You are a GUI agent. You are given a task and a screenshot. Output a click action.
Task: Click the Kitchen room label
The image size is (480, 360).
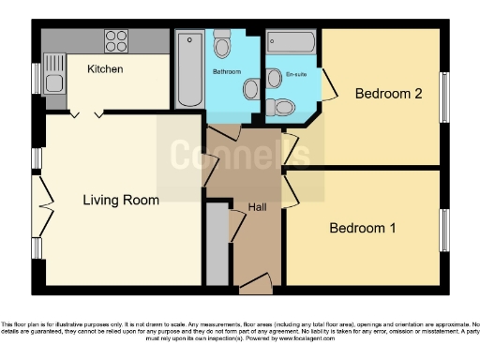(106, 69)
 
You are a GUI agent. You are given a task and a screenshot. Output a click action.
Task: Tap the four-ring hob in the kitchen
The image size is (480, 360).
(115, 41)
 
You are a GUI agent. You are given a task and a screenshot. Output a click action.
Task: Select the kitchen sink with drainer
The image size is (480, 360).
(53, 74)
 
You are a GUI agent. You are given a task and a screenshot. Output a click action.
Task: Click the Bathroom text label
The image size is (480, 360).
(226, 71)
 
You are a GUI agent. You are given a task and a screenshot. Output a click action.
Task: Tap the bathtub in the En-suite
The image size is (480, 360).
(290, 42)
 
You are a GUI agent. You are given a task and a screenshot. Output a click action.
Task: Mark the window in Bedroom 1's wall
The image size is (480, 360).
(444, 230)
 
